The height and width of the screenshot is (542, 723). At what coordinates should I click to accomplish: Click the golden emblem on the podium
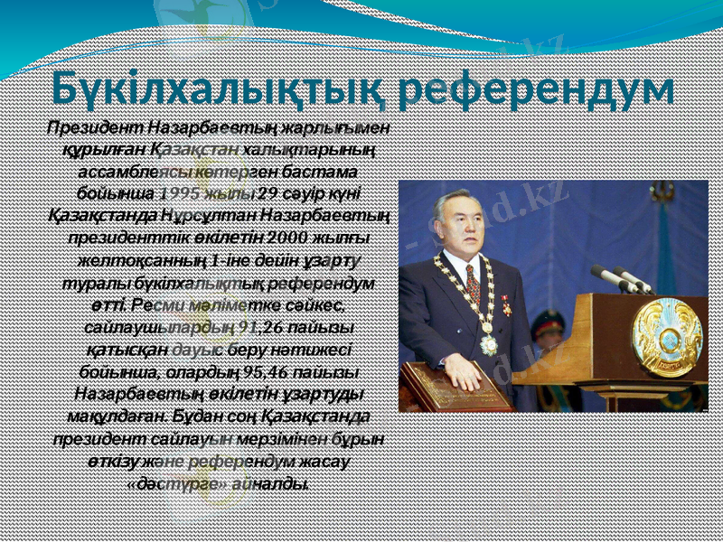click(667, 338)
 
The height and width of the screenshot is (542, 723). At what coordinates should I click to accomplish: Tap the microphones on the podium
click(624, 278)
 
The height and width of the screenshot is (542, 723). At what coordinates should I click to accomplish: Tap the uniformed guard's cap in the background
click(549, 318)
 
